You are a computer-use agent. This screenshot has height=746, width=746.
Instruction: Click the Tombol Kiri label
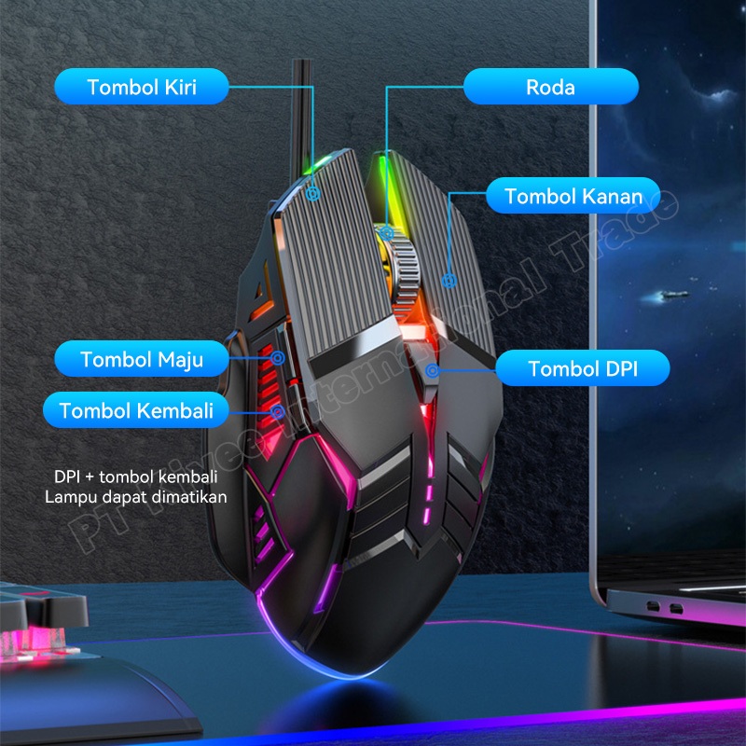pyautogui.click(x=142, y=88)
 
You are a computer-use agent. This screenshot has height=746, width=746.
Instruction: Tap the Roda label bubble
pyautogui.click(x=550, y=88)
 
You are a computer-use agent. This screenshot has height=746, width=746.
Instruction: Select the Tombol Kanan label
pyautogui.click(x=573, y=197)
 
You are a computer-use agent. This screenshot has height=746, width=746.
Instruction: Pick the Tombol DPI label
pyautogui.click(x=582, y=368)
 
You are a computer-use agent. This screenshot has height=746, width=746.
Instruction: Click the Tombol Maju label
pyautogui.click(x=141, y=359)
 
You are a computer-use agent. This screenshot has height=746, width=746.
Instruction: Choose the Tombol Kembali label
pyautogui.click(x=136, y=410)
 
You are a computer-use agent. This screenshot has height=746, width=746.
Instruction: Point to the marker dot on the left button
pyautogui.click(x=313, y=195)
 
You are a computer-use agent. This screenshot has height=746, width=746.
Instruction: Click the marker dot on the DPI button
pyautogui.click(x=432, y=371)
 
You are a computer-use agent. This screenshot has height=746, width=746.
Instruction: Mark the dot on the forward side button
pyautogui.click(x=277, y=356)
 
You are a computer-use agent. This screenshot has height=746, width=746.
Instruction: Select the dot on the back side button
pyautogui.click(x=277, y=409)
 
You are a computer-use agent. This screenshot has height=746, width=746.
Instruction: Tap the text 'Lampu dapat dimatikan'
pyautogui.click(x=136, y=497)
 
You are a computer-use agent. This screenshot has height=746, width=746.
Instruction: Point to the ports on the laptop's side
pyautogui.click(x=661, y=609)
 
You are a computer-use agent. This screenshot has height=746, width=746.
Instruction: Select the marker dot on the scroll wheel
pyautogui.click(x=386, y=227)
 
